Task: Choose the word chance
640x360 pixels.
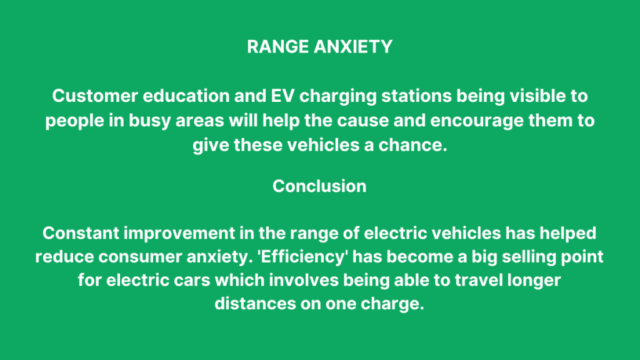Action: point(419,144)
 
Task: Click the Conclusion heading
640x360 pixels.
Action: point(319,186)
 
